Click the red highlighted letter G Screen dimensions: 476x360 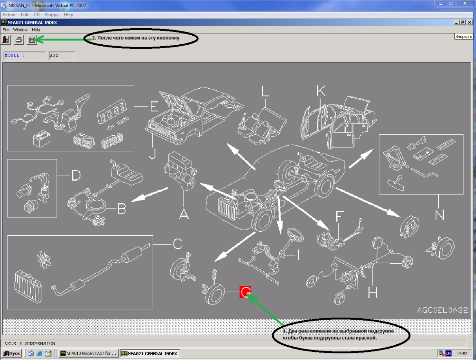click(245, 292)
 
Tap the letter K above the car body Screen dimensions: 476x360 click(321, 90)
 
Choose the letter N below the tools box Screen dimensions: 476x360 click(440, 215)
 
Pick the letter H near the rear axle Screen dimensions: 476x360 click(372, 292)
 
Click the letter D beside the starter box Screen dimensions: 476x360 click(76, 175)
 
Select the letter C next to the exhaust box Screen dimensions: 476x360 click(178, 244)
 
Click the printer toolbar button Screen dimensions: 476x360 click(19, 40)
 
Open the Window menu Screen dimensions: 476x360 click(20, 30)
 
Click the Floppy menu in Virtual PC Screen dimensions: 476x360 click(52, 15)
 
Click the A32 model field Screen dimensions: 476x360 click(62, 55)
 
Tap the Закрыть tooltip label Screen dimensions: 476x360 click(463, 37)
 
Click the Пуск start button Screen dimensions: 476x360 click(12, 353)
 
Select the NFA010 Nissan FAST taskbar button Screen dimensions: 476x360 click(88, 353)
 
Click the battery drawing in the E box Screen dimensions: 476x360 click(42, 139)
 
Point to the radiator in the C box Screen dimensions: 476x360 click(28, 286)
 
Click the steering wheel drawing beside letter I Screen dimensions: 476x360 click(295, 235)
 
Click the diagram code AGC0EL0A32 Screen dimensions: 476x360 click(443, 310)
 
